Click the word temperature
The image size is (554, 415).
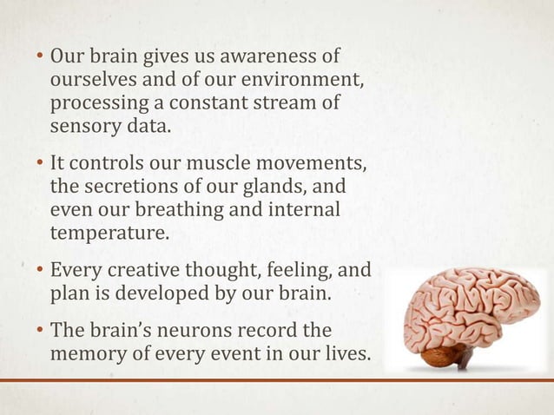coord(106,232)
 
